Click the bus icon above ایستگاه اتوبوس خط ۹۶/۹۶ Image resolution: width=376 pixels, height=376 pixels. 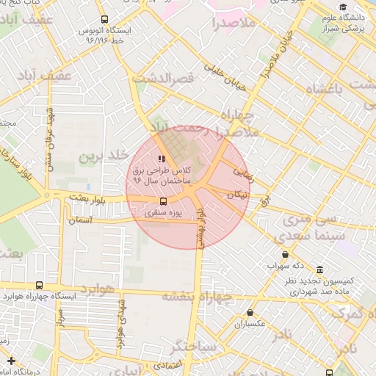click(x=104, y=19)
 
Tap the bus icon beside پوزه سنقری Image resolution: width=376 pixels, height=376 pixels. click(x=163, y=200)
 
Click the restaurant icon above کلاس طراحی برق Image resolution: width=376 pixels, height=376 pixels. click(x=162, y=159)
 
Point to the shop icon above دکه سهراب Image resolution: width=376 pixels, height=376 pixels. click(x=285, y=255)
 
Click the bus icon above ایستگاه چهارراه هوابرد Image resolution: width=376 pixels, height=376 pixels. click(x=39, y=285)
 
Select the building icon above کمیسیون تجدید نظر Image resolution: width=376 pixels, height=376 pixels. click(x=319, y=270)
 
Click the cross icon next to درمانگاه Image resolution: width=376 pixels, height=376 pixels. click(x=10, y=361)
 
